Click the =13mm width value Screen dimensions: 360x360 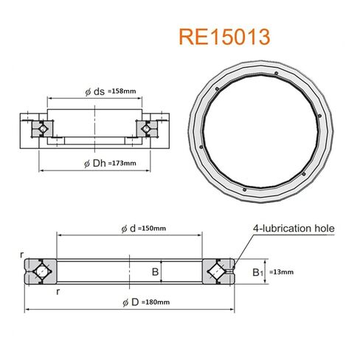[x=283, y=272]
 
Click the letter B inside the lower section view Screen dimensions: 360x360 [x=155, y=272]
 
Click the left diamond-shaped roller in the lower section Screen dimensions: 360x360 [x=42, y=272]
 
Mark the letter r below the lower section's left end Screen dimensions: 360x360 [x=58, y=291]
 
